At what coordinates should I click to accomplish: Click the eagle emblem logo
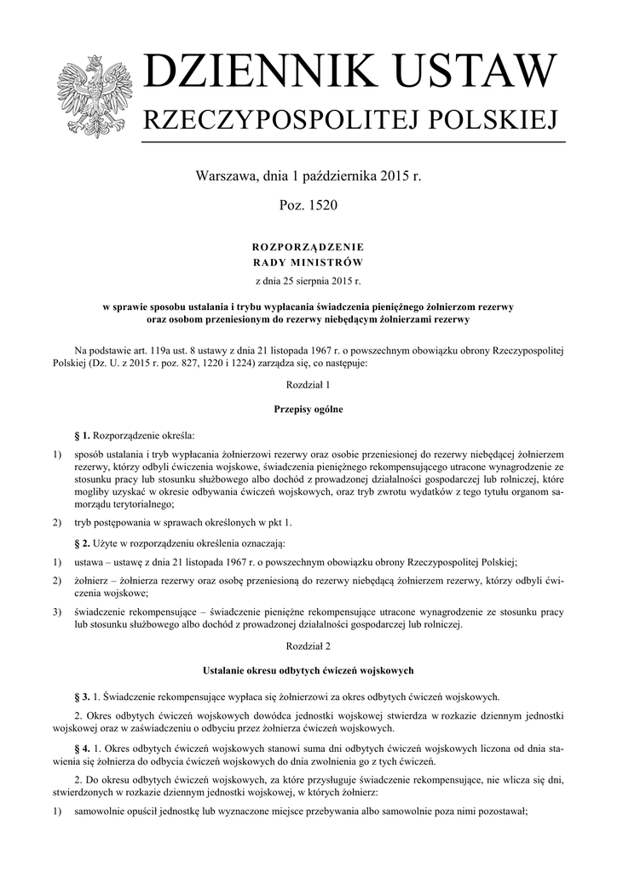coord(95,95)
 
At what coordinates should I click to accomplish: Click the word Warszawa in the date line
coord(226,176)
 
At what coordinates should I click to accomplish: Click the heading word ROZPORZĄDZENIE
coord(308,246)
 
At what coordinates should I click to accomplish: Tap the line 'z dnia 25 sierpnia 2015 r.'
coord(308,279)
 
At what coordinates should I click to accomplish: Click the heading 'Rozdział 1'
coord(308,385)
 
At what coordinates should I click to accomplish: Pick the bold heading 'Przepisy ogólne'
coord(308,410)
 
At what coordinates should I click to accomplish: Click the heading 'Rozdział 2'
coord(308,647)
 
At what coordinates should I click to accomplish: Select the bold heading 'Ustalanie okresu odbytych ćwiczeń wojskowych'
coord(308,672)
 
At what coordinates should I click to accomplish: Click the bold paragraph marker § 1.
coord(83,435)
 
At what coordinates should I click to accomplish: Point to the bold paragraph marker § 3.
coord(83,696)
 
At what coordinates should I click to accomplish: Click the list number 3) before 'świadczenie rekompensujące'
coord(57,611)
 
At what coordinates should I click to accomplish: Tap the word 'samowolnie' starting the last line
coord(103,812)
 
